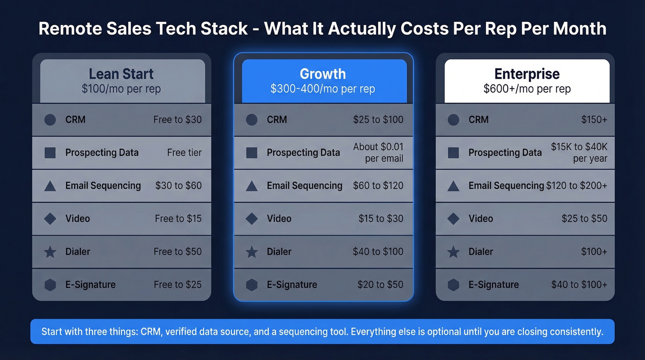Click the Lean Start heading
(x=121, y=74)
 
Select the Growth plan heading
(x=322, y=74)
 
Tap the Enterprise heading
(x=527, y=74)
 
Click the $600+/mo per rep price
(x=527, y=89)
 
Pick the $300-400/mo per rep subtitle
(x=322, y=89)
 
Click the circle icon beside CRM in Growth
(x=252, y=120)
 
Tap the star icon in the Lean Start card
(x=50, y=252)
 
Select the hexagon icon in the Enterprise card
(x=453, y=285)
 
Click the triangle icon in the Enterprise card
(x=453, y=186)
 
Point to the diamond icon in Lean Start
(x=50, y=219)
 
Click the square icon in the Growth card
(x=252, y=153)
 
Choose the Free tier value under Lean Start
(x=184, y=153)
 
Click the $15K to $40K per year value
(x=579, y=153)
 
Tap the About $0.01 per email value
(x=378, y=153)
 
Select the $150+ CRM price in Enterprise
(x=594, y=120)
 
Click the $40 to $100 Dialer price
(x=378, y=252)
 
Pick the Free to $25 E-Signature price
(x=177, y=285)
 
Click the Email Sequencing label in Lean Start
(x=103, y=186)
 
